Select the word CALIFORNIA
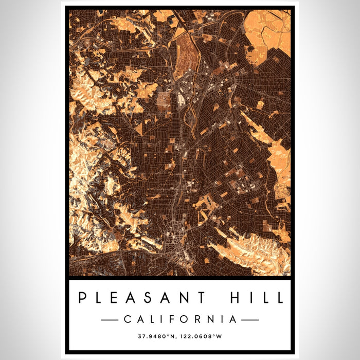pos(180,319)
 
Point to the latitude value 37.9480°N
pos(156,337)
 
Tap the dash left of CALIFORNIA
pos(110,319)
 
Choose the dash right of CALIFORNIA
pos(250,319)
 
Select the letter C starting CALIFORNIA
pos(127,319)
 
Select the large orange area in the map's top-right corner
pos(267,31)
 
